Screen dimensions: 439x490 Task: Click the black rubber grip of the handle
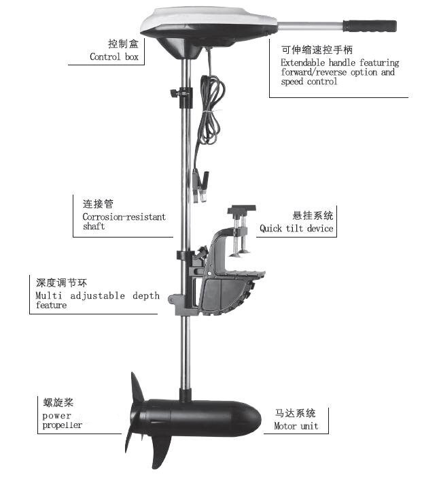click(x=370, y=27)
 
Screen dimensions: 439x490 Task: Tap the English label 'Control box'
click(x=114, y=56)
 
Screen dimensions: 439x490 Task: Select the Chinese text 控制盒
click(x=123, y=44)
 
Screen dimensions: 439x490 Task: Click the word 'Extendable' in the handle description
click(x=302, y=63)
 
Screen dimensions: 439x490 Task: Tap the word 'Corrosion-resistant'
click(x=124, y=216)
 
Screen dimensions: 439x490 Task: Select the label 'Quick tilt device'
click(x=296, y=229)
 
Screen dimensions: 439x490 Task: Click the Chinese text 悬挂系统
click(x=313, y=216)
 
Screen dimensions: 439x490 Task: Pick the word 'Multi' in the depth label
click(x=49, y=295)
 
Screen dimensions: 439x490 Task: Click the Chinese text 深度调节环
click(x=61, y=283)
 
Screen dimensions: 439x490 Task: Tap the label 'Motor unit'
click(x=296, y=426)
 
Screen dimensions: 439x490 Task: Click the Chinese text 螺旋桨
click(x=58, y=402)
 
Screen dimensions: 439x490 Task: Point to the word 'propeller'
click(x=62, y=425)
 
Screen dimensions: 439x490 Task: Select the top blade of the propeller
click(x=137, y=387)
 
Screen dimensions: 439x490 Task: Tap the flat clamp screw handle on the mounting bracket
click(x=241, y=208)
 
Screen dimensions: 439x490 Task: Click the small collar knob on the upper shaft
click(x=174, y=93)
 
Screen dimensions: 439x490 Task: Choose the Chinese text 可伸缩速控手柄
click(x=317, y=50)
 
